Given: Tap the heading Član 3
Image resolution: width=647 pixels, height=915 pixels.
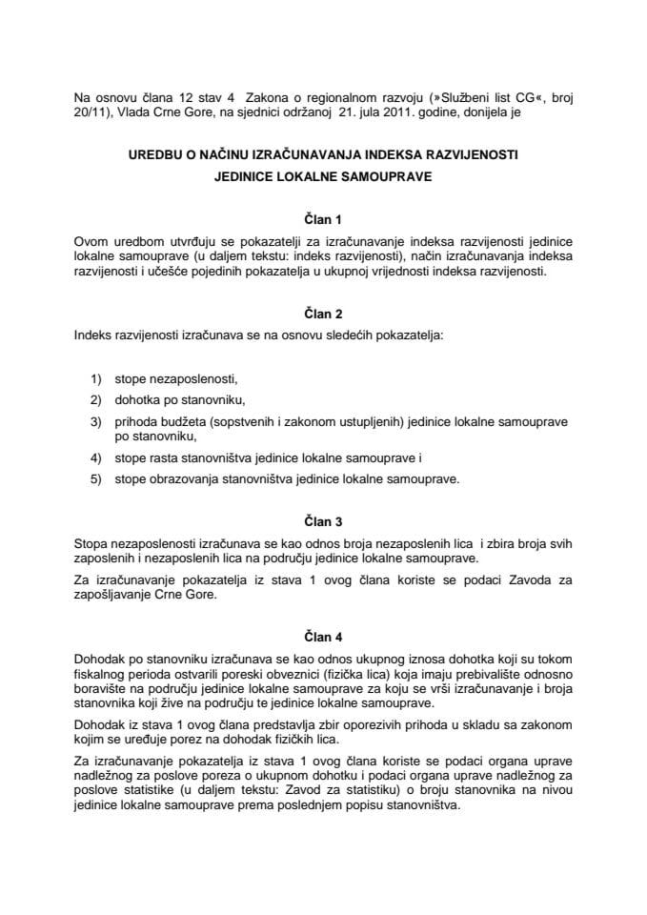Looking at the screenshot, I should pos(323,521).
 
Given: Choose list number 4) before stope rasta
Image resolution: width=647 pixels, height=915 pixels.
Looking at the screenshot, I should pos(95,458).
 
